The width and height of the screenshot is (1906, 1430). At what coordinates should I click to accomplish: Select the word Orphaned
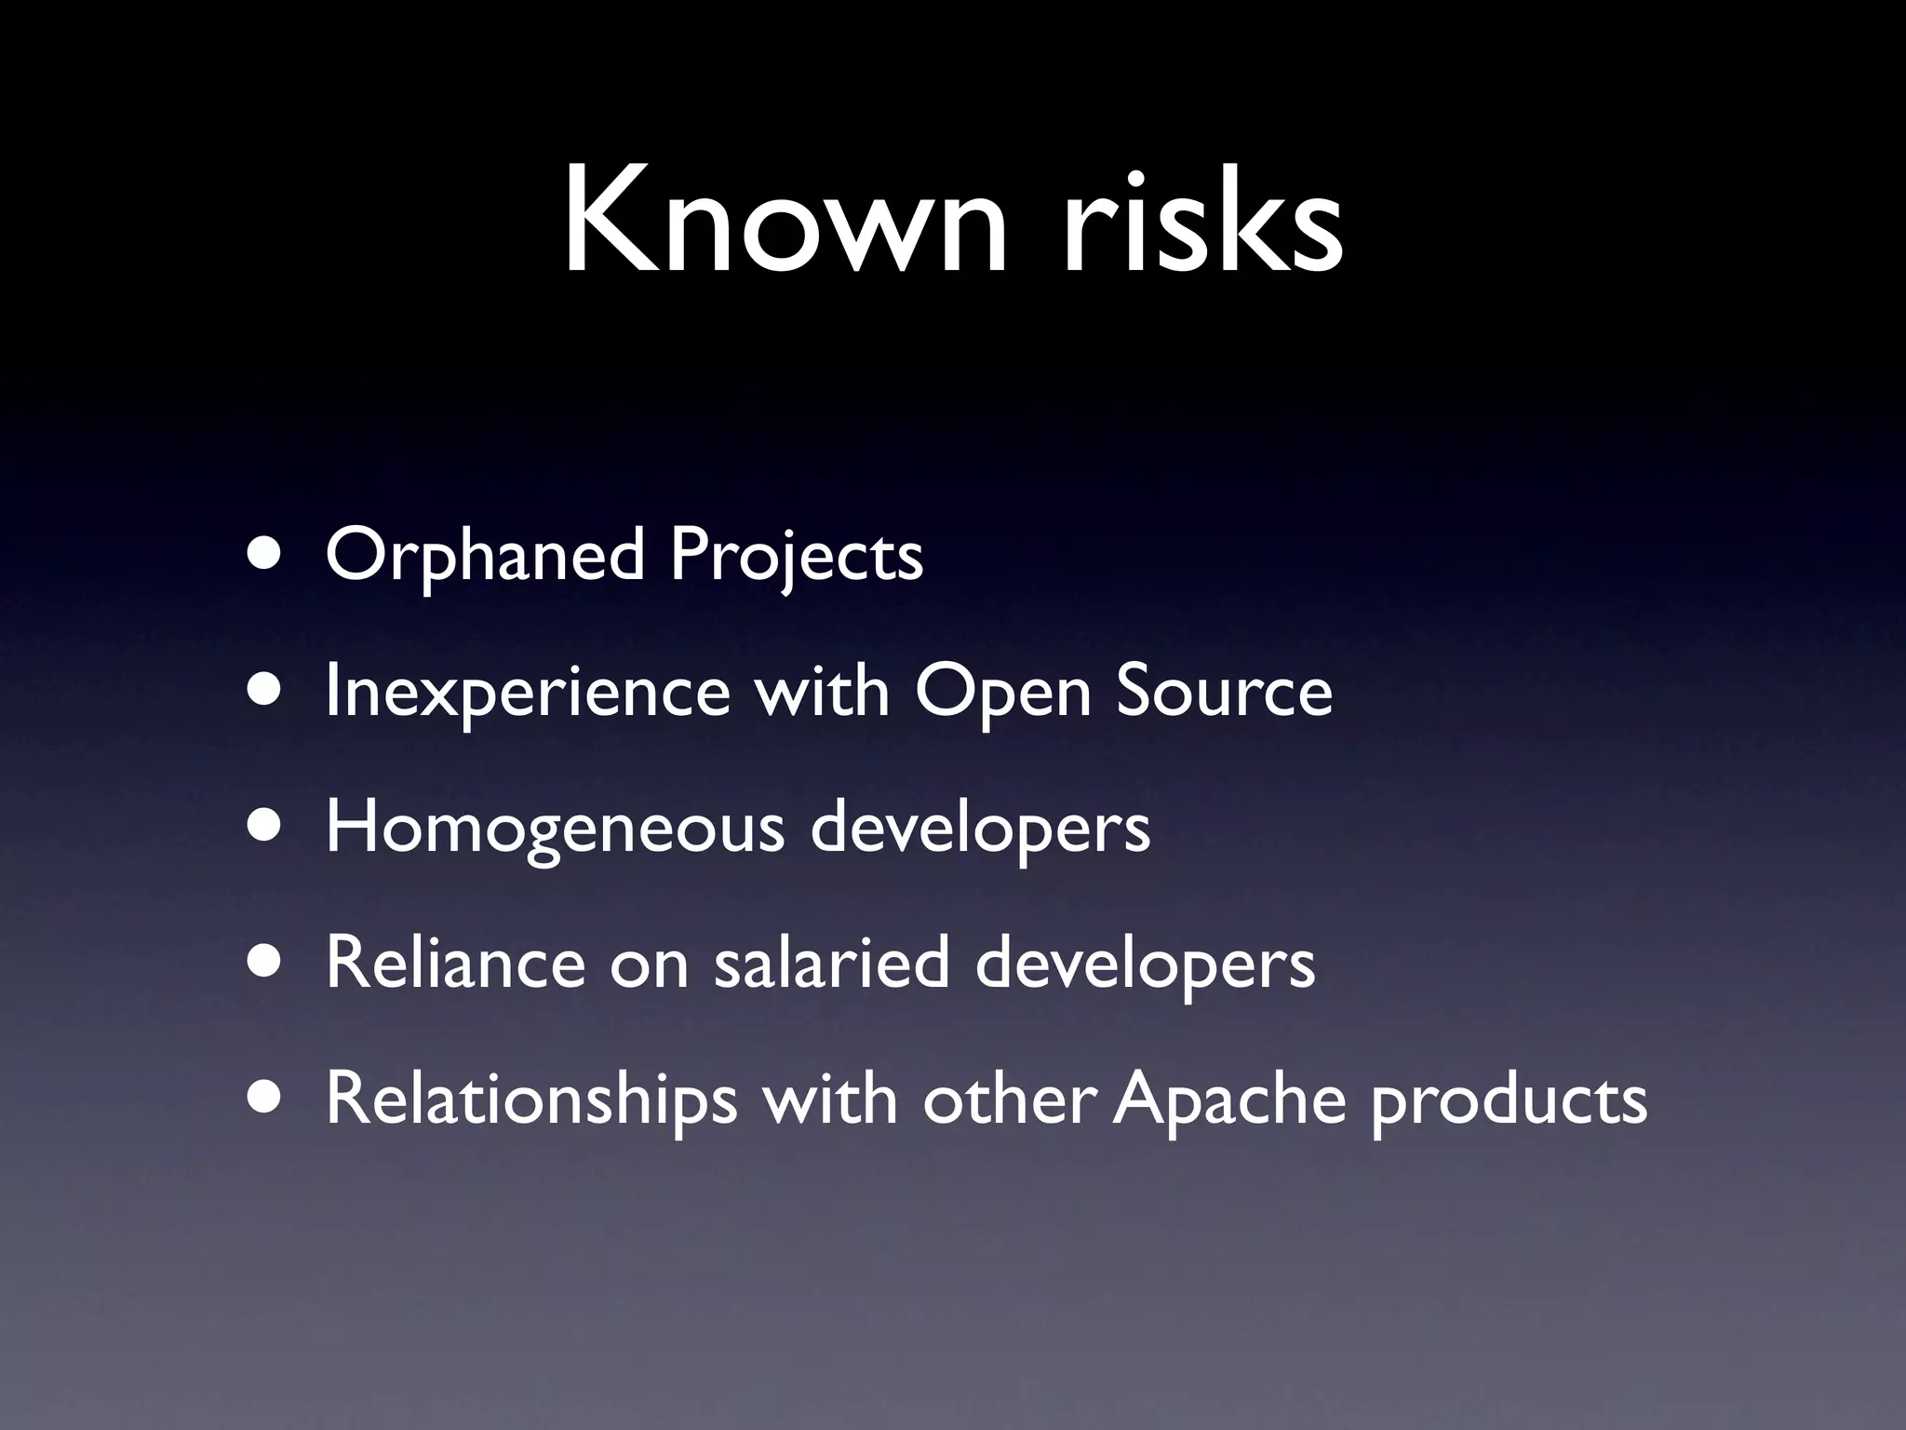point(484,556)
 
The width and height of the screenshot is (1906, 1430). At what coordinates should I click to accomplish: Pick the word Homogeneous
point(555,829)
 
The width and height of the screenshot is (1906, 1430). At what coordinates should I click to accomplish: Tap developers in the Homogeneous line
point(980,829)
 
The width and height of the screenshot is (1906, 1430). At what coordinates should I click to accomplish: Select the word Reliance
point(455,963)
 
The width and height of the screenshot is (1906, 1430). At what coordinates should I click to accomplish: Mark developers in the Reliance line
point(1145,965)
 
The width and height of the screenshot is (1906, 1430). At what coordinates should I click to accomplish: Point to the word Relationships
point(530,1099)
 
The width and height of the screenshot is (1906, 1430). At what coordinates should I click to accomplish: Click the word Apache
point(1229,1099)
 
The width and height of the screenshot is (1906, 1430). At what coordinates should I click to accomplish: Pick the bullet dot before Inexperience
point(267,693)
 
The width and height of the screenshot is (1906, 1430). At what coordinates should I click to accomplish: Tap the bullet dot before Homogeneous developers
point(267,829)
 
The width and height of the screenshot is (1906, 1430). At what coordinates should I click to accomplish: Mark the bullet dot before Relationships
point(267,1099)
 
